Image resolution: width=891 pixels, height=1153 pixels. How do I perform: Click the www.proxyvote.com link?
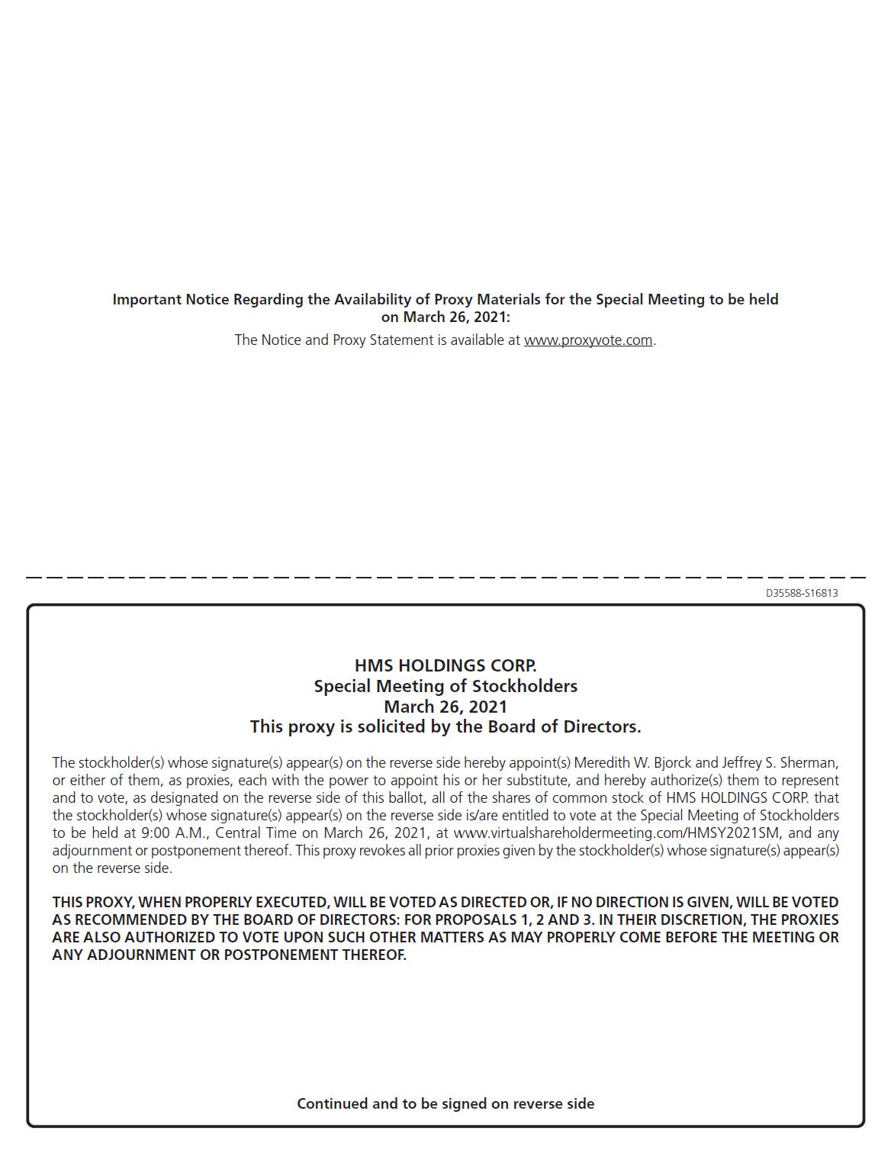click(587, 340)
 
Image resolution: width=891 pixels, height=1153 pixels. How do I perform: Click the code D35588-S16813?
click(802, 593)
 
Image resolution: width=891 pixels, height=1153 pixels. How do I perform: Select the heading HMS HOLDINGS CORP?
click(445, 665)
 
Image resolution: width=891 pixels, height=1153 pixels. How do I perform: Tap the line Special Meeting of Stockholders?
click(445, 686)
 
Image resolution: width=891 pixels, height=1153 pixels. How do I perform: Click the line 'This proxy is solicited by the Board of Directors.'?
click(445, 726)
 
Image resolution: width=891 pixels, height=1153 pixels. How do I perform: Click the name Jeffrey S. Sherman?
click(778, 763)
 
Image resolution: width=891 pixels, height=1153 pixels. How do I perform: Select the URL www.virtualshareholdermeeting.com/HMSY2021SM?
click(616, 833)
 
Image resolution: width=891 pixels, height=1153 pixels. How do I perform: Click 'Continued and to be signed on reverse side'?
click(445, 1103)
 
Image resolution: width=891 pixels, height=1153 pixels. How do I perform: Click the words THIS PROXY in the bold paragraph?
click(91, 903)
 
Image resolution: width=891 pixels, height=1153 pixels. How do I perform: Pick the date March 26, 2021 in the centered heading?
click(445, 707)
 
